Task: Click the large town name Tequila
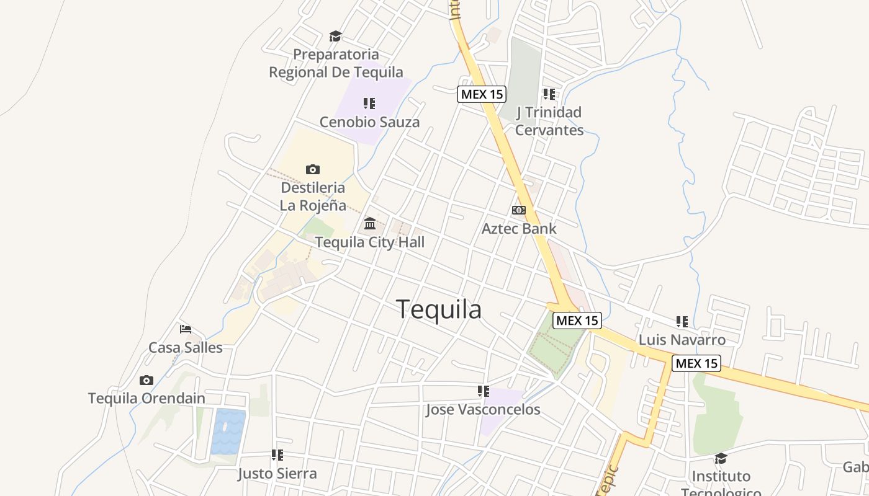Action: [x=439, y=309]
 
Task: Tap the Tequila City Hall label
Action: [x=370, y=242]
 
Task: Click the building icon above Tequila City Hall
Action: [x=370, y=223]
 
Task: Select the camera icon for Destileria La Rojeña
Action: [x=313, y=169]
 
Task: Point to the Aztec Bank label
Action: [x=519, y=229]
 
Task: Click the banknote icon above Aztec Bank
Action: [x=519, y=210]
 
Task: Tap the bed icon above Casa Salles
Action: [x=185, y=329]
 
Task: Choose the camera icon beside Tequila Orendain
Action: [x=146, y=380]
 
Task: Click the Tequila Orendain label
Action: [x=146, y=398]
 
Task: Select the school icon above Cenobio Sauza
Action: [x=369, y=104]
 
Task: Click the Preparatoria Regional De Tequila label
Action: [x=336, y=63]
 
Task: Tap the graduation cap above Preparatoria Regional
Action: [x=335, y=37]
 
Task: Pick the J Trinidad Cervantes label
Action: [x=549, y=121]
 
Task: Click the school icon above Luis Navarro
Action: [x=682, y=322]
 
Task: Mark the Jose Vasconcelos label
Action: [x=483, y=410]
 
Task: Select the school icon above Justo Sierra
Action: [x=277, y=456]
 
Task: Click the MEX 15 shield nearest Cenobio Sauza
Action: [x=482, y=94]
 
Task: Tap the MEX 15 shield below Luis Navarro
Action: [x=696, y=363]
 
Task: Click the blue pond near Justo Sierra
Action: [x=228, y=432]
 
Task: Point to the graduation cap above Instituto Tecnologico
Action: [x=721, y=458]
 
